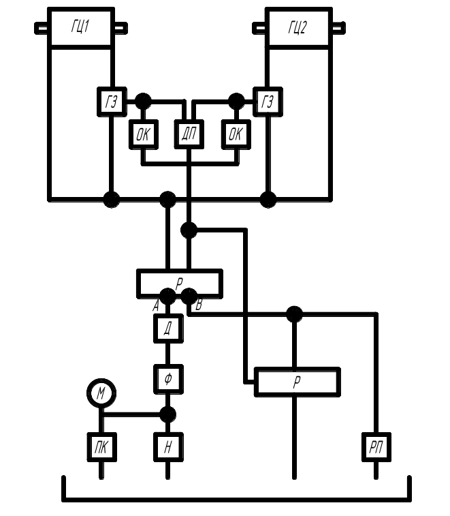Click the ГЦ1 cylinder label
(x=80, y=28)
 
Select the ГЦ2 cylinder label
(x=298, y=28)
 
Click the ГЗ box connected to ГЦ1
(x=112, y=102)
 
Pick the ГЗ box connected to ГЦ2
(x=268, y=102)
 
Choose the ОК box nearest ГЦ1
(x=143, y=134)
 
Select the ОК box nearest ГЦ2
(x=236, y=134)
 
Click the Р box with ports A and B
(x=179, y=283)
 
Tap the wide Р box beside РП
(x=297, y=382)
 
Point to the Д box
(x=167, y=329)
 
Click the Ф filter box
(x=167, y=378)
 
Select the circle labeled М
(x=101, y=393)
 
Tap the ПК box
(x=101, y=447)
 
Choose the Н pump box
(x=167, y=447)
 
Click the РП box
(x=375, y=447)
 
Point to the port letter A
(x=157, y=306)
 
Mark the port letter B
(x=198, y=306)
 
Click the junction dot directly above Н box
(x=167, y=414)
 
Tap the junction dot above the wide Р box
(x=294, y=314)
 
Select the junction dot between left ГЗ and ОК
(x=143, y=102)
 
